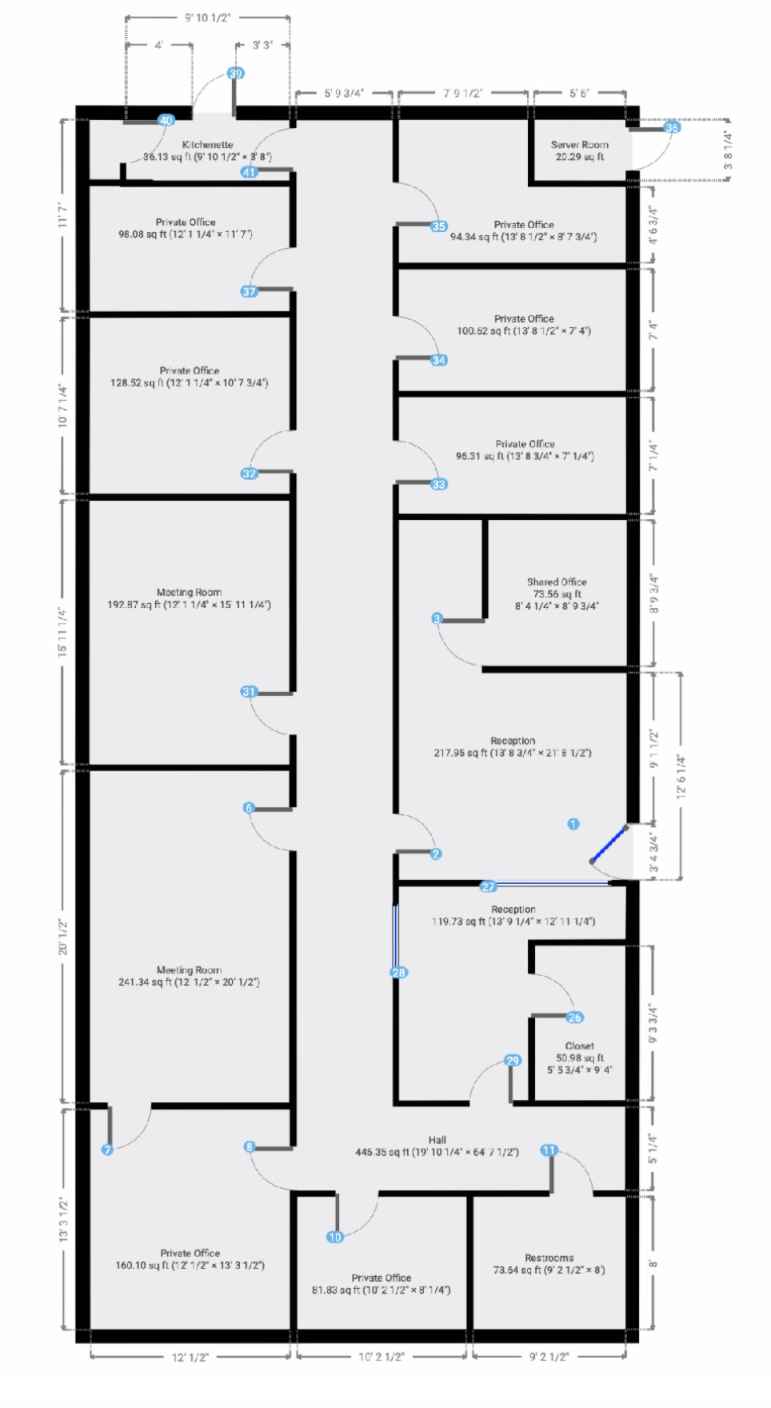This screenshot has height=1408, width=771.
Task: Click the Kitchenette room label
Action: point(207,145)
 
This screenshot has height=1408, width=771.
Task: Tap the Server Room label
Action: point(579,145)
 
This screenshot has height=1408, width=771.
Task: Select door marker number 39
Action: point(235,74)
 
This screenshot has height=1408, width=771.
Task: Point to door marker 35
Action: point(438,226)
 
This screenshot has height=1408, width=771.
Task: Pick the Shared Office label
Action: point(557,582)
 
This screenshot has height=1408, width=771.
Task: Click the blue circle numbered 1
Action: point(573,824)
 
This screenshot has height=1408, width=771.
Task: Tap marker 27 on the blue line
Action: point(488,886)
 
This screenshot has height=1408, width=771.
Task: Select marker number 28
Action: point(398,973)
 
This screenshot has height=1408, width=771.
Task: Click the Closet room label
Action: point(579,1046)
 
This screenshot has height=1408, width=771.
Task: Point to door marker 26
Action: point(574,1018)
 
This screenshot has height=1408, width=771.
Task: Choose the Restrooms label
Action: point(549,1258)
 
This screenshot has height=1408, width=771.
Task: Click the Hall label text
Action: point(437,1140)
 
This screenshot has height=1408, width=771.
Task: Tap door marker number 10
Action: point(334,1237)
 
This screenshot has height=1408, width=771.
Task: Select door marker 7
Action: point(107,1150)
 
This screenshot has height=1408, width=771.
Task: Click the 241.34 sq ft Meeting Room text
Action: point(189,982)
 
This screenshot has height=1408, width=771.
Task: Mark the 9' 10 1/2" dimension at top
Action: point(208,18)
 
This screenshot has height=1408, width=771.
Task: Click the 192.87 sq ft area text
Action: point(189,605)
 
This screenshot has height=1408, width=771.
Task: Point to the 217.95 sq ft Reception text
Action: point(513,753)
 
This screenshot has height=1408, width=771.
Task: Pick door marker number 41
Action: point(249,172)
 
